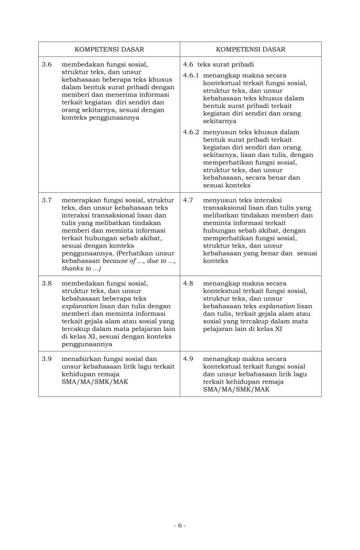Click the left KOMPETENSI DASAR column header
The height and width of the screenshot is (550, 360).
109,49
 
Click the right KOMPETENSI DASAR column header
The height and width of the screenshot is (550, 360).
250,49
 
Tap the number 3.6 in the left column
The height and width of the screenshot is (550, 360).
47,64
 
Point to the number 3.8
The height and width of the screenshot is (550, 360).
47,283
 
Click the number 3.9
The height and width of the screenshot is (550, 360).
47,358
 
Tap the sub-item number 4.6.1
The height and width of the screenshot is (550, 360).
191,76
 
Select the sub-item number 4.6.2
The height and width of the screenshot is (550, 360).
191,132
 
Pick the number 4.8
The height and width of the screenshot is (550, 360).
188,283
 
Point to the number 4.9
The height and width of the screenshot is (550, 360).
188,358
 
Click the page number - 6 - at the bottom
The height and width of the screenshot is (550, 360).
179,525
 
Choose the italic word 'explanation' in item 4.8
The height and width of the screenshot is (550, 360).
273,306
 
